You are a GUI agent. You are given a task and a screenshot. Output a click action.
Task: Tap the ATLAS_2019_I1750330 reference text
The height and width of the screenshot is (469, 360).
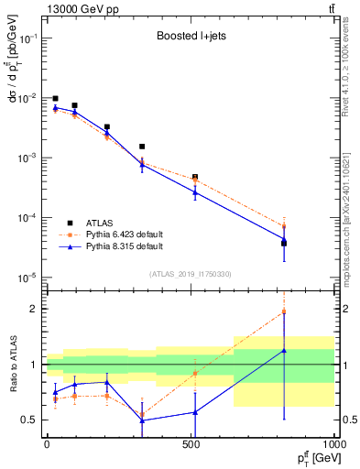tap(191, 274)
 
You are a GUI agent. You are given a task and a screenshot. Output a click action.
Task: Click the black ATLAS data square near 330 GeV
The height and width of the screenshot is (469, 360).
tap(142, 147)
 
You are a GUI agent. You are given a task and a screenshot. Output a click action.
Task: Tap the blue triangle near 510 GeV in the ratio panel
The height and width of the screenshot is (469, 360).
tap(195, 412)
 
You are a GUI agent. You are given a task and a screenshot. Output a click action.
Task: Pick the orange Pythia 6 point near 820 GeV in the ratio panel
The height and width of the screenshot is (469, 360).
tap(284, 311)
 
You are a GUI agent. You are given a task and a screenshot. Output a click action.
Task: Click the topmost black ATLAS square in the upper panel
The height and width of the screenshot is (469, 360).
tap(56, 98)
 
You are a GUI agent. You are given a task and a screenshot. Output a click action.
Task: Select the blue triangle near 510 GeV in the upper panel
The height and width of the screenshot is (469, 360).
tap(195, 192)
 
